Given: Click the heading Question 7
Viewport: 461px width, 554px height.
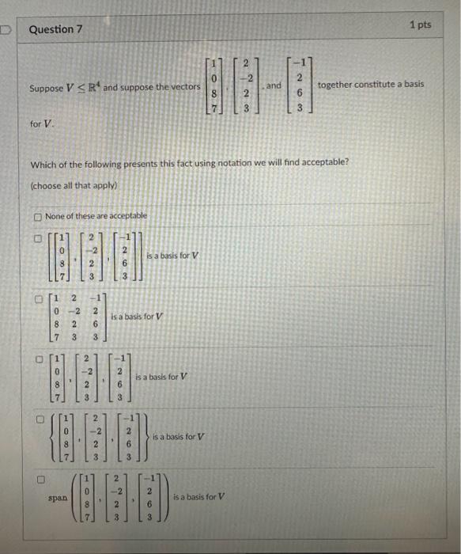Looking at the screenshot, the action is pyautogui.click(x=55, y=29).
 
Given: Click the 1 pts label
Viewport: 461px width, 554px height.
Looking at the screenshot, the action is pyautogui.click(x=421, y=25).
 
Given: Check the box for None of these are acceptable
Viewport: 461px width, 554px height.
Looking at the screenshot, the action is pyautogui.click(x=36, y=216).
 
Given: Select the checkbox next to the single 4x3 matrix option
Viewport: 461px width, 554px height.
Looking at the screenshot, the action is pyautogui.click(x=36, y=300).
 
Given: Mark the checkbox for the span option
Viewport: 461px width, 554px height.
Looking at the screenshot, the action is pyautogui.click(x=36, y=477).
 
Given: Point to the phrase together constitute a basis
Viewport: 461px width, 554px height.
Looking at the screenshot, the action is pyautogui.click(x=370, y=84).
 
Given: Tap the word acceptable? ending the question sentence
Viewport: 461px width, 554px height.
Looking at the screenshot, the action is pyautogui.click(x=325, y=164).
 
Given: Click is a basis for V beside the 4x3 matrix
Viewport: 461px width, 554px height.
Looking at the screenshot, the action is pyautogui.click(x=138, y=316).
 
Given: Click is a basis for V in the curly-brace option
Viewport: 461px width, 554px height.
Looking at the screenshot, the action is pyautogui.click(x=178, y=436).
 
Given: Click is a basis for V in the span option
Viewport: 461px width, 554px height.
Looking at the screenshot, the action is pyautogui.click(x=198, y=496).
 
